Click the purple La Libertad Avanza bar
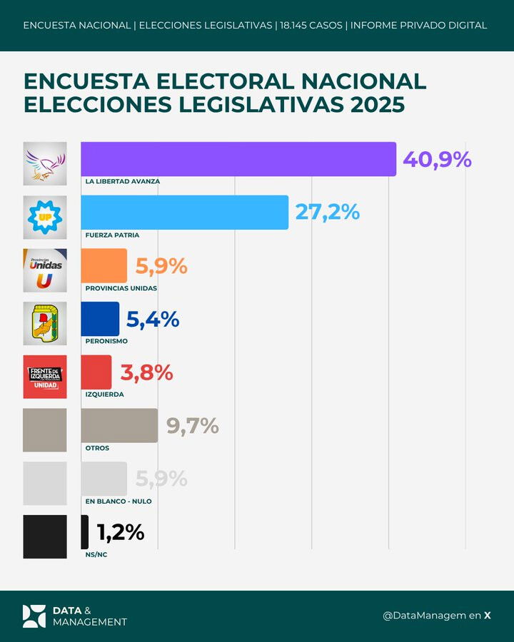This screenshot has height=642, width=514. click(x=238, y=159)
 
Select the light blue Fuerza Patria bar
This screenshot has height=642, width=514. click(x=184, y=212)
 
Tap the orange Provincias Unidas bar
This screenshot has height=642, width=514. click(x=104, y=265)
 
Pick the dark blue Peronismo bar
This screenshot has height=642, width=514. click(x=100, y=319)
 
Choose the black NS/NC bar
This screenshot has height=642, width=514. click(x=85, y=532)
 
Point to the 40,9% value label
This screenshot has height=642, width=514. click(x=437, y=159)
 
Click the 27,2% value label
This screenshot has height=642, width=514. click(x=326, y=212)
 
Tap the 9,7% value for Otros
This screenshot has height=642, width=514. click(x=192, y=426)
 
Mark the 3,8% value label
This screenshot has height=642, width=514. click(x=147, y=372)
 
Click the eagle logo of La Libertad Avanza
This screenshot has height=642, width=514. click(x=45, y=163)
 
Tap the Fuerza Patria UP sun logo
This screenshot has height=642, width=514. click(x=45, y=217)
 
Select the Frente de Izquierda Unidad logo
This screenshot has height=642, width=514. click(x=45, y=377)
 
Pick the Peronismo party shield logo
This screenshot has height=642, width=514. click(x=45, y=323)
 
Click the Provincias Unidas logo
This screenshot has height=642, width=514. click(x=45, y=270)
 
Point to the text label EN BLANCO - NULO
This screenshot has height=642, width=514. click(x=118, y=501)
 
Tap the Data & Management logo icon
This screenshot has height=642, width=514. click(x=34, y=616)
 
